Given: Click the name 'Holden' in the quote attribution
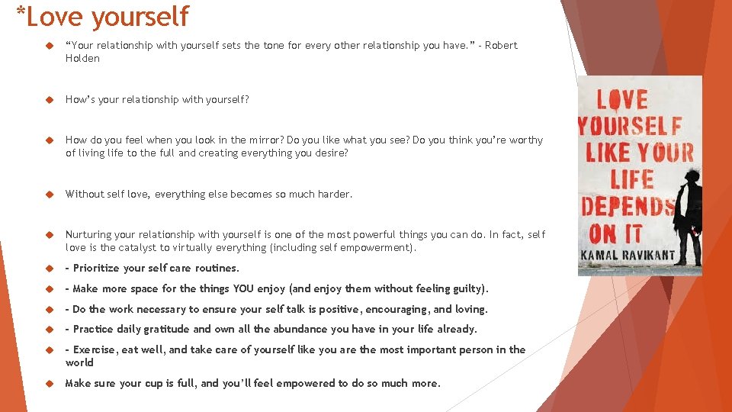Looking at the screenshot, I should pos(82,58).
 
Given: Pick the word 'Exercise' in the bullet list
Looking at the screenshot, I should pos(95,349).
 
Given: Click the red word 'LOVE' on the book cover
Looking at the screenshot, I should pos(621,99).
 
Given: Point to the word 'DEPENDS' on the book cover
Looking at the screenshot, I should pos(628,206).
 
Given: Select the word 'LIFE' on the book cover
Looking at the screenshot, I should pos(632,179).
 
